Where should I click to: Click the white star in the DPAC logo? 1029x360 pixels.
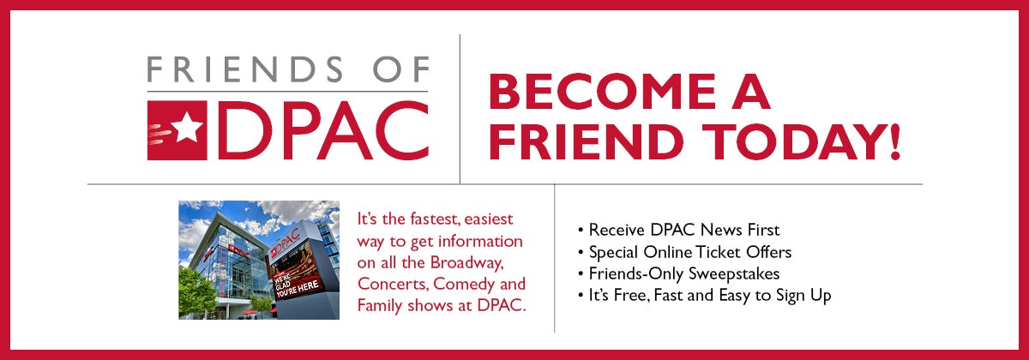(187, 127)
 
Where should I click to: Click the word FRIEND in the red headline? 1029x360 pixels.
(583, 142)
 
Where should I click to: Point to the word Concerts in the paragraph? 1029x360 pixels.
(393, 285)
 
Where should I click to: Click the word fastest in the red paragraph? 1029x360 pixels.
(435, 219)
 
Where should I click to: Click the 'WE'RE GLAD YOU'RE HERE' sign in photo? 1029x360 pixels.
(297, 285)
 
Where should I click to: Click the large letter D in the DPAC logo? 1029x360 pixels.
(239, 130)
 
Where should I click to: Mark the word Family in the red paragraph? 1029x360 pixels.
(379, 306)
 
